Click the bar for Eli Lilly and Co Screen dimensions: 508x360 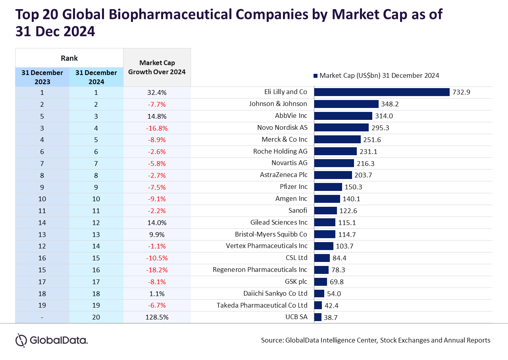tap(382, 92)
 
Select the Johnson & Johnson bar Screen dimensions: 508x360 tap(346, 104)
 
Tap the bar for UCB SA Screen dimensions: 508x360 tap(318, 317)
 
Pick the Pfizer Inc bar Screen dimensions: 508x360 tap(328, 187)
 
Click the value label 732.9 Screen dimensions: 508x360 tap(461, 92)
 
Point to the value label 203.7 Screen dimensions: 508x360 tap(363, 175)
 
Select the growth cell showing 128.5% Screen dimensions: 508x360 tap(157, 317)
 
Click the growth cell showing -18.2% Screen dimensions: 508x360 tap(157, 270)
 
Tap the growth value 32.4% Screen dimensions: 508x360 tap(157, 92)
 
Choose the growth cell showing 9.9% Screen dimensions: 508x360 tap(157, 235)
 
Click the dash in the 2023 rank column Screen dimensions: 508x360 tap(42, 318)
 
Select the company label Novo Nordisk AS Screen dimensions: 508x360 tap(282, 127)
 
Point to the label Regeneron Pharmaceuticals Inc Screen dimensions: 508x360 tap(260, 270)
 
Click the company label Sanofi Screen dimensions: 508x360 tap(298, 210)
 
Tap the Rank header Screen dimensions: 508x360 tap(69, 58)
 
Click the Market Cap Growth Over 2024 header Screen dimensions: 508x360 tap(157, 67)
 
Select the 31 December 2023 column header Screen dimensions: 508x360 tap(42, 77)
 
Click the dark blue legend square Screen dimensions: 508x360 tap(316, 76)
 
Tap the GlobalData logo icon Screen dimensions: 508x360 tap(21, 340)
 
